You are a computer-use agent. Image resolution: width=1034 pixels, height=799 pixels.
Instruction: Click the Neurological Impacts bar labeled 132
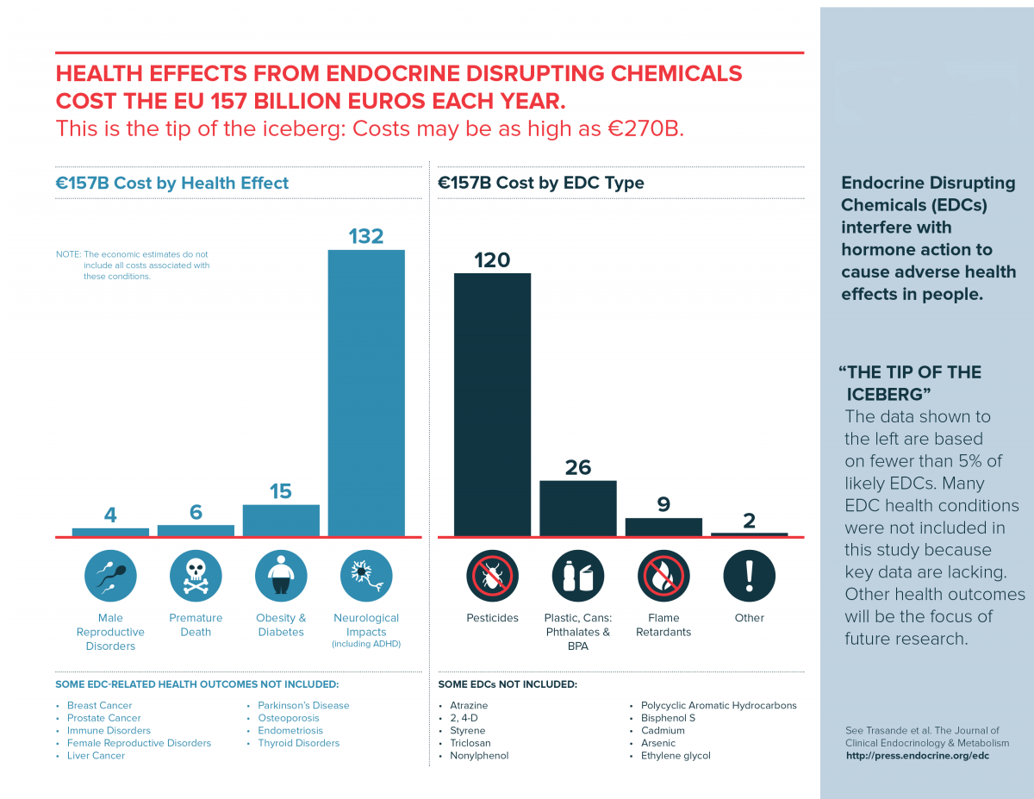tap(366, 392)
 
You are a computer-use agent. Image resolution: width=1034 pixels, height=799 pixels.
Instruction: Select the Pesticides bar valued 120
tap(492, 404)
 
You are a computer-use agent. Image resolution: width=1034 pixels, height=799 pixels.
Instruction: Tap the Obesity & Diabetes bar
tap(281, 521)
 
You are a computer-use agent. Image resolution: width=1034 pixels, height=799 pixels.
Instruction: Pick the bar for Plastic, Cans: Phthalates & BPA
tap(577, 509)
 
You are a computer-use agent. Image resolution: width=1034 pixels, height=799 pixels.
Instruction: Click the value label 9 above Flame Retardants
tap(663, 504)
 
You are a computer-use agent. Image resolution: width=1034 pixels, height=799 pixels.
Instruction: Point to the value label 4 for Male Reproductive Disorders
tap(110, 515)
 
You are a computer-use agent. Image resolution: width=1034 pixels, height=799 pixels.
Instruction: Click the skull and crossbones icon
tap(196, 576)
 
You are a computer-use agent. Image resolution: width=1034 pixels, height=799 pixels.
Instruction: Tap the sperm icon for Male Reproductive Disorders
tap(110, 576)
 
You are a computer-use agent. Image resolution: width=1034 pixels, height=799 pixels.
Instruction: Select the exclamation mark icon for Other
tap(749, 576)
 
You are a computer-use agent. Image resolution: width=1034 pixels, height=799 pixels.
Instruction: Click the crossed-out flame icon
tap(663, 576)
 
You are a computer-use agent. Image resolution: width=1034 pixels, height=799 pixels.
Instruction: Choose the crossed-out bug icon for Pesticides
tap(492, 576)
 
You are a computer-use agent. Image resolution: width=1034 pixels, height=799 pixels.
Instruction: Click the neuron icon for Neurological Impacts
tap(366, 576)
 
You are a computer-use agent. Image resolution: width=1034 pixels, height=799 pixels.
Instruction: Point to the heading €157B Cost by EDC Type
tap(541, 183)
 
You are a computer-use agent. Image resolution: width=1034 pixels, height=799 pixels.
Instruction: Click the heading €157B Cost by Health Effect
tap(172, 183)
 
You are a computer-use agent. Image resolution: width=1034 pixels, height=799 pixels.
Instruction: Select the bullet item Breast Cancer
tap(99, 705)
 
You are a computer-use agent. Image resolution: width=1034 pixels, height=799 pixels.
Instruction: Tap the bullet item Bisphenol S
tap(668, 718)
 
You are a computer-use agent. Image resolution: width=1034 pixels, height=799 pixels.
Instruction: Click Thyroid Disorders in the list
tap(298, 743)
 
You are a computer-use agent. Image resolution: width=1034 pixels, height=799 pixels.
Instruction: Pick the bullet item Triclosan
tap(470, 743)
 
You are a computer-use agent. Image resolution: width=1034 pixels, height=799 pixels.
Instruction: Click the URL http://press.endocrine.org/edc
tap(917, 756)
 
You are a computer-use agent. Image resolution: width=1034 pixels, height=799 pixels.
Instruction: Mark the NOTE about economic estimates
tap(134, 265)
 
